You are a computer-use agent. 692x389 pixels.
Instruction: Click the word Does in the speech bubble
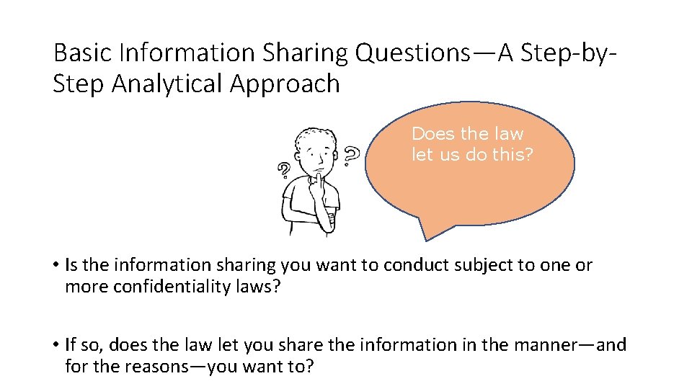(x=432, y=134)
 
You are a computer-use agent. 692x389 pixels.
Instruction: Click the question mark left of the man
(x=284, y=171)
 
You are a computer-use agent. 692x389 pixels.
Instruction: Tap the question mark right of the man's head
(x=351, y=154)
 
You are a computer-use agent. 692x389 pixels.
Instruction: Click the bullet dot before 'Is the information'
(x=56, y=266)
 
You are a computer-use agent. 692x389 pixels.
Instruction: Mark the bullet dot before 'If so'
(x=56, y=346)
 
